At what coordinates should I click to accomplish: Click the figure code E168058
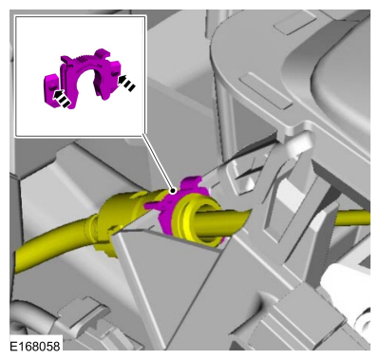point(35,346)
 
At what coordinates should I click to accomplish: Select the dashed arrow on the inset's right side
point(126,82)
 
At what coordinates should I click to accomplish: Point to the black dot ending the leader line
point(173,191)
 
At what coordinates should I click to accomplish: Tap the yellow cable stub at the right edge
point(352,218)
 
